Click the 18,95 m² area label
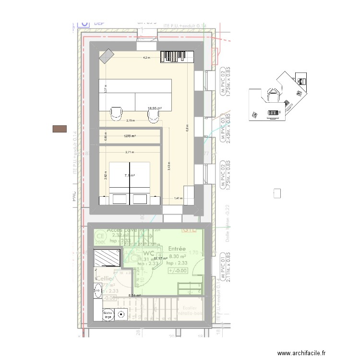coord(155,108)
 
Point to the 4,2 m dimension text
coord(146,58)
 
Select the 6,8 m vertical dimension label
coord(187,128)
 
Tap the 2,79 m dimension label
coord(130,120)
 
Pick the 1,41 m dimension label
coord(178,198)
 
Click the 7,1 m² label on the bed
coord(130,176)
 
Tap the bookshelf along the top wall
coord(176,56)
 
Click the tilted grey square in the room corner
coord(106,57)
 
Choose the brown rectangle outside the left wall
coord(60,128)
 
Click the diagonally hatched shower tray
coord(107,258)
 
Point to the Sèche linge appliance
coord(108,315)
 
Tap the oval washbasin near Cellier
coord(97,289)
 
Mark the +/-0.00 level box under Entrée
coord(178,271)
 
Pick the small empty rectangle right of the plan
coord(276,193)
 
